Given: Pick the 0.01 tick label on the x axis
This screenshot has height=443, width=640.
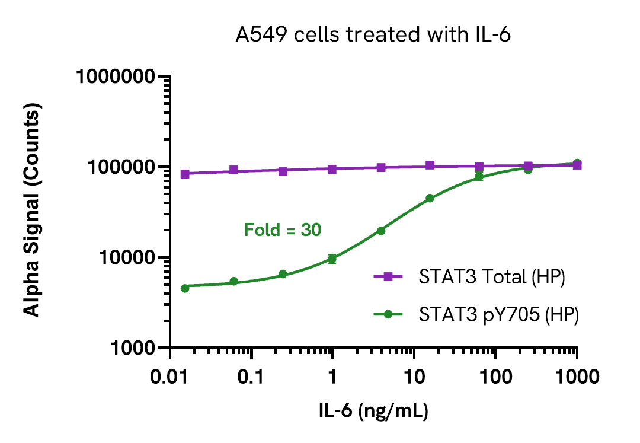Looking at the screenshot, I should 171,377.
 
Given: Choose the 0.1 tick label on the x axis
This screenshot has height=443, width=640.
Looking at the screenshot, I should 252,377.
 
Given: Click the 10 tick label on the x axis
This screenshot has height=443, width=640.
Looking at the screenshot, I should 414,377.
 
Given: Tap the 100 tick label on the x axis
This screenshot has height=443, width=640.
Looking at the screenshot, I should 495,377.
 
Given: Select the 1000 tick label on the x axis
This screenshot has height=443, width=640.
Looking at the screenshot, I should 577,377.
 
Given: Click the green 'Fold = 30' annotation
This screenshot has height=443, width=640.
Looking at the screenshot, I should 283,230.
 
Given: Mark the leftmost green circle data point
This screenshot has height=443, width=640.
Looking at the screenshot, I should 185,288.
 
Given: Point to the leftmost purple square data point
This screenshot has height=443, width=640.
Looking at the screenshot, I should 185,174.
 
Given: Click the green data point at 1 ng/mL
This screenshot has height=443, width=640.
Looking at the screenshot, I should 332,259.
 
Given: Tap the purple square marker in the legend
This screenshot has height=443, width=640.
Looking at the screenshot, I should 389,277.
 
